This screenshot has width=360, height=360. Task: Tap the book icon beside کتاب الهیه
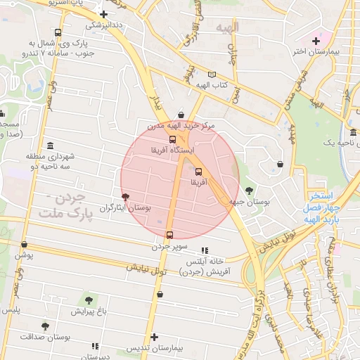click(212, 75)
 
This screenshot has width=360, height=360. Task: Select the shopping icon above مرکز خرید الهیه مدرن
click(181, 115)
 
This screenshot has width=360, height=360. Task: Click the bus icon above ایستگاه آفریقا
click(173, 139)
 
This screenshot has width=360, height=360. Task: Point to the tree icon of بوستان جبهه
click(249, 191)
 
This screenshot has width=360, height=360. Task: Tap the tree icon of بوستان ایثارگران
click(125, 198)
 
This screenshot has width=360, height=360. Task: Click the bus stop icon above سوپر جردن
click(169, 235)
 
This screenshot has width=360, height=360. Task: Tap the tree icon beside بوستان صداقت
click(46, 326)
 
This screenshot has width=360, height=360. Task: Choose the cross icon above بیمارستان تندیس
click(155, 337)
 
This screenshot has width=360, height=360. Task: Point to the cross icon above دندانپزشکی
click(104, 13)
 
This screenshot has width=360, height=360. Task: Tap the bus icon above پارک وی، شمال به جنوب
click(57, 32)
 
